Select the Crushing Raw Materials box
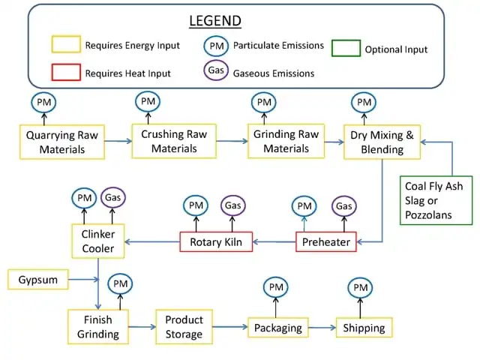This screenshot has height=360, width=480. (x=174, y=142)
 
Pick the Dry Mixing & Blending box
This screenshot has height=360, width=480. (x=382, y=142)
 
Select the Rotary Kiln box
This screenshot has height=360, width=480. (x=216, y=242)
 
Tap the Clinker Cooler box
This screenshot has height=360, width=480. (x=97, y=241)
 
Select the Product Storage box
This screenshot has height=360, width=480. (x=184, y=327)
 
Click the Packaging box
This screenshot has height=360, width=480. (x=277, y=328)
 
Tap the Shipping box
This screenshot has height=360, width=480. (x=364, y=328)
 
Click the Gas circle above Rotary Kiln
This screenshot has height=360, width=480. (x=232, y=205)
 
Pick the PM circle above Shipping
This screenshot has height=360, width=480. (x=361, y=287)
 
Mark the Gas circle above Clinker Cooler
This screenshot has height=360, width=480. (x=112, y=198)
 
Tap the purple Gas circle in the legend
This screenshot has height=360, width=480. (x=215, y=71)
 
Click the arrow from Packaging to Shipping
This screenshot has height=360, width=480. (x=321, y=328)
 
